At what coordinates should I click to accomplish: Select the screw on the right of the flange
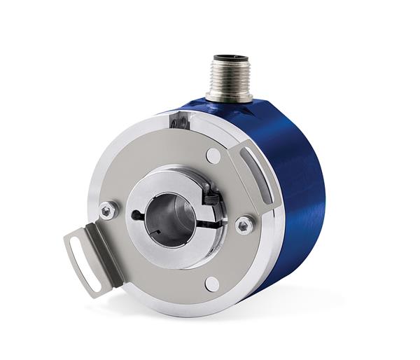coord(243,225)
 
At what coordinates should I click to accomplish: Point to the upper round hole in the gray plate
coord(213,155)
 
